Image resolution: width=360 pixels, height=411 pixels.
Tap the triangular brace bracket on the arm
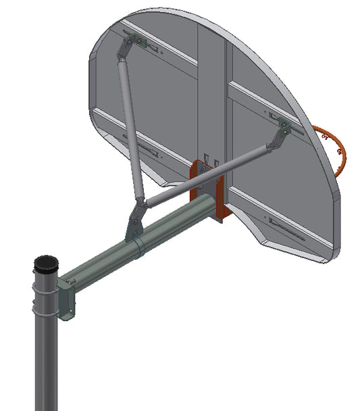tap(135, 220)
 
